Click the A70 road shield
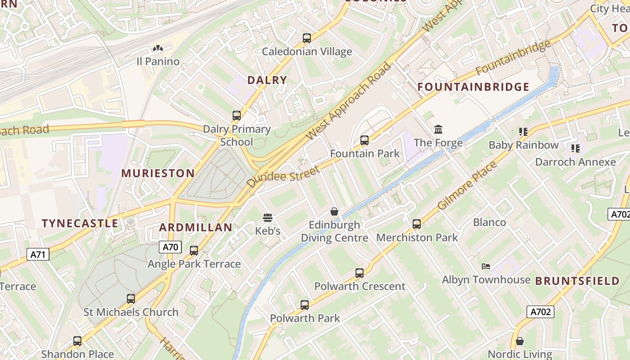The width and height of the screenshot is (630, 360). click(171, 247)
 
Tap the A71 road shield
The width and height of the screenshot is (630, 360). click(38, 255)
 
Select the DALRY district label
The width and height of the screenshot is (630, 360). click(267, 80)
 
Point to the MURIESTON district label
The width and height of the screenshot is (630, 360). click(158, 173)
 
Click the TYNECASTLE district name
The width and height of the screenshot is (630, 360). click(80, 223)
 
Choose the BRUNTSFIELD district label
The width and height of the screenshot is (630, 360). click(577, 281)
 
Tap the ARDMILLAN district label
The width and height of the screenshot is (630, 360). click(196, 227)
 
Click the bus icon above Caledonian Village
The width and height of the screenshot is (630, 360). click(307, 38)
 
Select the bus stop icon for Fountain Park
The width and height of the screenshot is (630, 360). click(364, 140)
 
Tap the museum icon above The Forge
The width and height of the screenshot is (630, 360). click(438, 130)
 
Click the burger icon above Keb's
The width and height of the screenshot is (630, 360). click(268, 218)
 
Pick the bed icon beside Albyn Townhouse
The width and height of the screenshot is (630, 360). click(486, 266)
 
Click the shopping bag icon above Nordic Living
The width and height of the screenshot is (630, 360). click(520, 341)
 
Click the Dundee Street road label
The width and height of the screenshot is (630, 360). click(283, 177)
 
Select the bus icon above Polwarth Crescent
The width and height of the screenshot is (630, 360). click(359, 273)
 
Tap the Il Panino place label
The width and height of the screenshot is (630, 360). click(158, 61)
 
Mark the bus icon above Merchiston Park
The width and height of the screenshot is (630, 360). click(417, 224)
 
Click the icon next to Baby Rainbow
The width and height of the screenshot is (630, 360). click(523, 132)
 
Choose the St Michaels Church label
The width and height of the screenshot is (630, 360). click(131, 312)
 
